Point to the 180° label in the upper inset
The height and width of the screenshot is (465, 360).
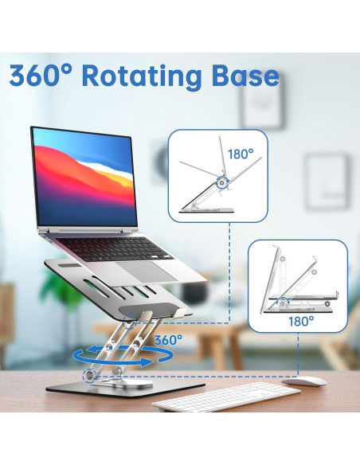(x=240, y=153)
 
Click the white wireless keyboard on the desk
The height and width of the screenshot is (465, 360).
(x=215, y=396)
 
